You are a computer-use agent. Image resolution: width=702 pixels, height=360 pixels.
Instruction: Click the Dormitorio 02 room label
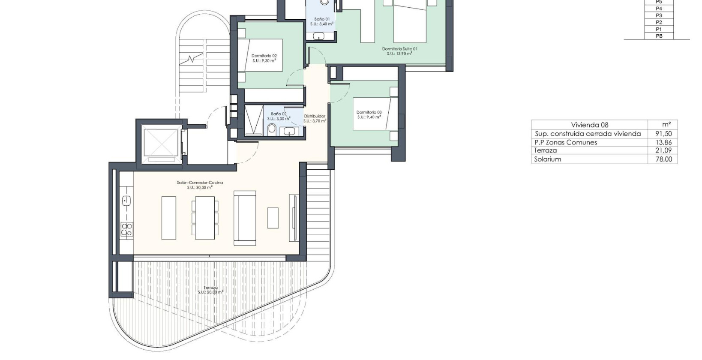pos(264,56)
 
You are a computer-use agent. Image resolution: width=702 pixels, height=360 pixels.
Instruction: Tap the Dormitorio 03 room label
pos(369,112)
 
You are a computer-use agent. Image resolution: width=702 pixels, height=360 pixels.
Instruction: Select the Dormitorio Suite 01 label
pos(399,49)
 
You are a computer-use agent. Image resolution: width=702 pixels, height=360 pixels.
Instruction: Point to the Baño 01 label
pos(322,19)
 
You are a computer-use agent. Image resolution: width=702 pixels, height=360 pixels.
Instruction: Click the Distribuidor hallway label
pos(315,116)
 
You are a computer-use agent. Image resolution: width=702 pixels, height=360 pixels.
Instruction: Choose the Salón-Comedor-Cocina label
pos(200,183)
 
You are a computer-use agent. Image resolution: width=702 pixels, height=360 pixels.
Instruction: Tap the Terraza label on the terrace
pos(210,288)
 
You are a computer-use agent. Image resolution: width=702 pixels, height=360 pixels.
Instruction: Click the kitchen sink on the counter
pos(126,201)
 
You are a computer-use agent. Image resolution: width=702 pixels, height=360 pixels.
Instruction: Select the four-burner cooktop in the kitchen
pos(126,229)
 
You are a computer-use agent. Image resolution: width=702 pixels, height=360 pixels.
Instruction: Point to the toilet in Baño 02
pos(272,129)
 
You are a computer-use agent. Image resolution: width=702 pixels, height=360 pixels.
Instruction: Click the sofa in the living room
pos(245,218)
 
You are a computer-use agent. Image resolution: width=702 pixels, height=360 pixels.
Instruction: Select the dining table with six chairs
pos(205,218)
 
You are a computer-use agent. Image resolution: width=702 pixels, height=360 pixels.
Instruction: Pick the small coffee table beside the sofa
pos(273,218)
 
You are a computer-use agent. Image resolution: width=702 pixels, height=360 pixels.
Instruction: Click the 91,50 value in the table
pos(664,134)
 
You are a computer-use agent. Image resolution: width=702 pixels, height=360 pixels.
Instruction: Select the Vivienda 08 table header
pos(589,125)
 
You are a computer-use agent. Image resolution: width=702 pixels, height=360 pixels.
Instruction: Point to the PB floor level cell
pos(659,36)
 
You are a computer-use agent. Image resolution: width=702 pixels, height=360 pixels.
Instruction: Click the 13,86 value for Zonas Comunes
pos(664,142)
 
